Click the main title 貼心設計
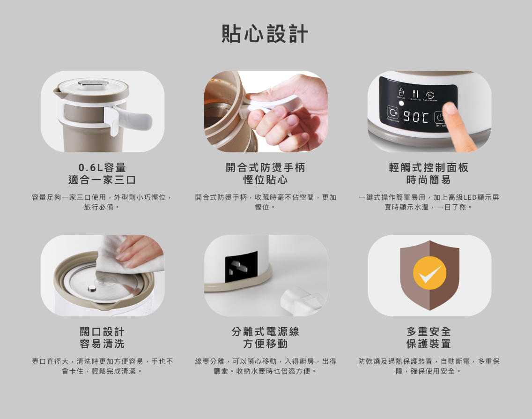[265, 34]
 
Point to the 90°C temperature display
[416, 117]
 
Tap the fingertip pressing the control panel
[450, 109]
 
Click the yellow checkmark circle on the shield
[429, 273]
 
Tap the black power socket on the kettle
[241, 267]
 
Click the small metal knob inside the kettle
[92, 289]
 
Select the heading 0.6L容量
[102, 167]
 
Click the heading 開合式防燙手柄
[266, 167]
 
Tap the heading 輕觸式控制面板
[429, 167]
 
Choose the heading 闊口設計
[102, 331]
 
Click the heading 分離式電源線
[266, 331]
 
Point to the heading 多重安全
[429, 331]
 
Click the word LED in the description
[470, 197]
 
